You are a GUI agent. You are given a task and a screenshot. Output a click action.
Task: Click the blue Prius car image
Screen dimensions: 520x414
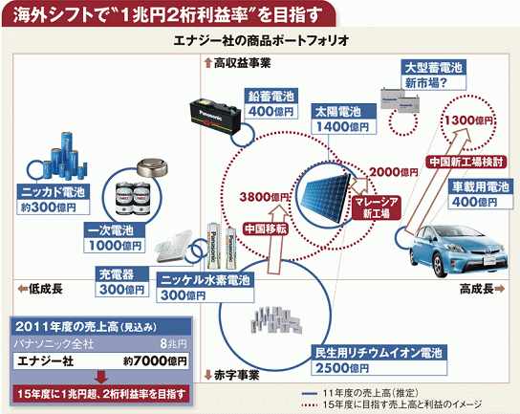(458, 250)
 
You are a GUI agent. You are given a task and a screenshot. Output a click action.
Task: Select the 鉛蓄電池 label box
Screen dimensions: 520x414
(271, 104)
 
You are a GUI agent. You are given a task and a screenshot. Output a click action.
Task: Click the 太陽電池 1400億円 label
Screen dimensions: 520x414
(344, 119)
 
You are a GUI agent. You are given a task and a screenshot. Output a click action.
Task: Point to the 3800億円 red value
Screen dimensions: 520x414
(264, 197)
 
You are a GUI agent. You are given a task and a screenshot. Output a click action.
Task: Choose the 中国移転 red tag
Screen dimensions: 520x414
(266, 229)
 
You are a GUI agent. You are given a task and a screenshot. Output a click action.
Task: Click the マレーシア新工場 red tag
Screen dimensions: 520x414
(376, 207)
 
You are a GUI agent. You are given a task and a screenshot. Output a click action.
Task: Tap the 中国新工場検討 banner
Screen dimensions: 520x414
(466, 162)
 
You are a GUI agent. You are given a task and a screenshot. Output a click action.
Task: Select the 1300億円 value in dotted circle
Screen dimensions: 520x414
(468, 120)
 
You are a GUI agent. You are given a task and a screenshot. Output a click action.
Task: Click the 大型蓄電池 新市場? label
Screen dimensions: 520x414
(433, 75)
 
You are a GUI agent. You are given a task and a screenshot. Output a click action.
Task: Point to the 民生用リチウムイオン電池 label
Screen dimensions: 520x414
(379, 360)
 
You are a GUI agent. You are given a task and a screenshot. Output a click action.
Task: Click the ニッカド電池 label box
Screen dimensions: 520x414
(54, 200)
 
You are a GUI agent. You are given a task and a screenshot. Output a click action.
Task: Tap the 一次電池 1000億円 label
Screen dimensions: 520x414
(115, 238)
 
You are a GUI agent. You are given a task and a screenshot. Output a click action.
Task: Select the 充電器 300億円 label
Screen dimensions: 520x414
(122, 282)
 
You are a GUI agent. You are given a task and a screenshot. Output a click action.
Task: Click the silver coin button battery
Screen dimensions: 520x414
(153, 167)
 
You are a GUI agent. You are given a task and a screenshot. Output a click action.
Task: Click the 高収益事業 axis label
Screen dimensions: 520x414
(238, 63)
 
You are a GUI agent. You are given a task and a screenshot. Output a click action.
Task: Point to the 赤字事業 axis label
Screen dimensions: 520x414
(232, 375)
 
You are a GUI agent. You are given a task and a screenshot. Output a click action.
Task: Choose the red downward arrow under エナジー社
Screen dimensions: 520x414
(101, 377)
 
